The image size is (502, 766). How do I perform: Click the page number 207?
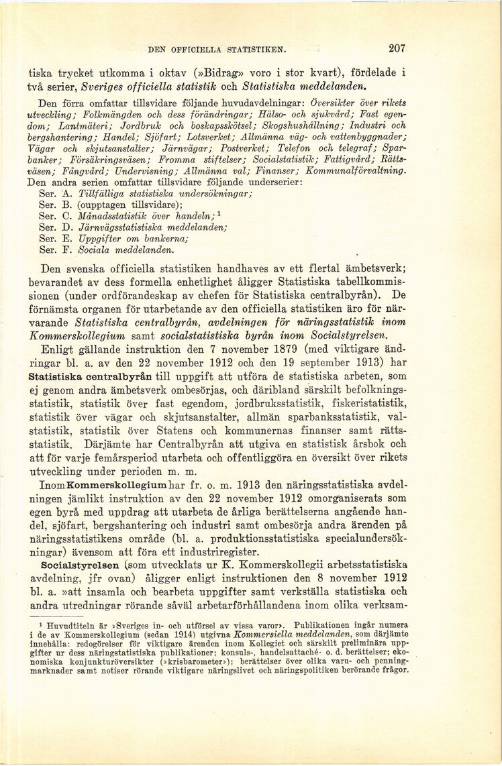pos(397,48)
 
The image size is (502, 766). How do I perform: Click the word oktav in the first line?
pos(165,72)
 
